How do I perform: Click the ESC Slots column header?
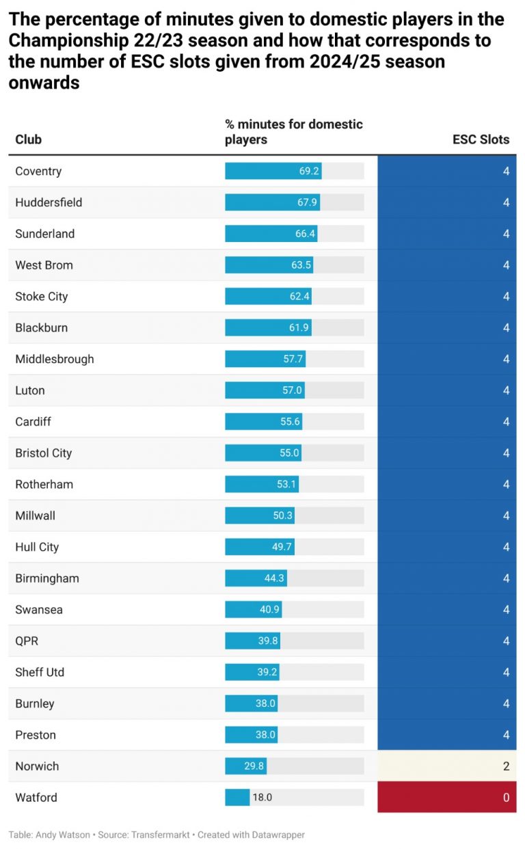(481, 139)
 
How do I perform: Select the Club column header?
(29, 139)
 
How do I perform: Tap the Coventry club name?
(38, 171)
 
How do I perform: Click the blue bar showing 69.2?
(273, 171)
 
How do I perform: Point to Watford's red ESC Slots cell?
(446, 797)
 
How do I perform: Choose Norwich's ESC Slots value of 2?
(506, 766)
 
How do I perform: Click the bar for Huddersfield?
(272, 202)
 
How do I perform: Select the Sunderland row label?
(45, 234)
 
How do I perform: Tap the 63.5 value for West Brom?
(301, 265)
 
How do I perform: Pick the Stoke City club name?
(42, 297)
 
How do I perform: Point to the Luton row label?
(30, 390)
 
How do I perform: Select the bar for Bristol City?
(263, 453)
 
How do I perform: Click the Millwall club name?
(36, 515)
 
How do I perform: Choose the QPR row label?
(27, 641)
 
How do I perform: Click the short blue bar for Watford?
(237, 797)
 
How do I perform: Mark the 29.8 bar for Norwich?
(245, 766)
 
